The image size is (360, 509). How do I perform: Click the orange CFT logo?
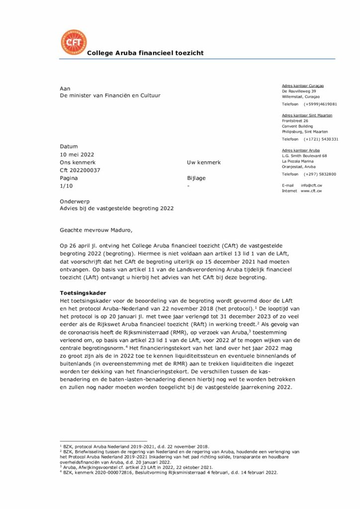point(73,42)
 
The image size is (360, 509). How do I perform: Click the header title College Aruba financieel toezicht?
point(145,53)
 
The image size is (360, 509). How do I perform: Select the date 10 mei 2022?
point(77,155)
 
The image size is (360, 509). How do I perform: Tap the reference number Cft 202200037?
point(80,170)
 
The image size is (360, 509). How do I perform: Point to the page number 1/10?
point(66,185)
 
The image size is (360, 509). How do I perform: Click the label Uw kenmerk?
point(203,163)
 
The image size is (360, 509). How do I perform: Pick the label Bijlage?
point(196,178)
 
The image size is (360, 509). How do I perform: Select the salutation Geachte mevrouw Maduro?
point(97,230)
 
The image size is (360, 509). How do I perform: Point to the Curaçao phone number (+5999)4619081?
point(321,104)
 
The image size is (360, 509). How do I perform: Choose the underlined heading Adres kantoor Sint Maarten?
point(307,115)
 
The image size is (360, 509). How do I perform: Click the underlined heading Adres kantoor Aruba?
point(301,150)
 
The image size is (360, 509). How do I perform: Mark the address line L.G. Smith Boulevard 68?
point(304,156)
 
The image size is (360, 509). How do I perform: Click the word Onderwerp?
point(74,201)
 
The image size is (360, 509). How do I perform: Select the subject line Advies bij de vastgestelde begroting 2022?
point(116,209)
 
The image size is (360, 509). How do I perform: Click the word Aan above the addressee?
point(65,88)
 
